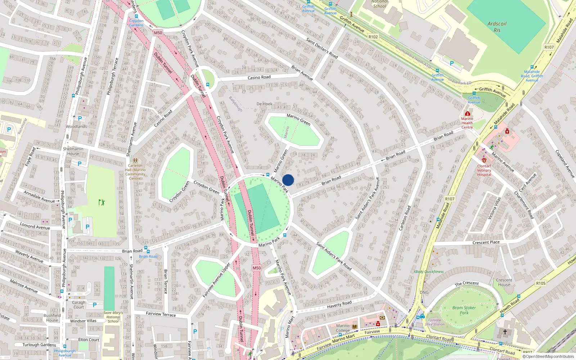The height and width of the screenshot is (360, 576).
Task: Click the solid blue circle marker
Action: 288,180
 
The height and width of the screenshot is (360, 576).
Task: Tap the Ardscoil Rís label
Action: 497,27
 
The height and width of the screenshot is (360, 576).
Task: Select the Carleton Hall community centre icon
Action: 135,160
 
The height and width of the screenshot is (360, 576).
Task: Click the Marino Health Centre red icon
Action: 467,113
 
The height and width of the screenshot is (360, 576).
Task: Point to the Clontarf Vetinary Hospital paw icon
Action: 484,160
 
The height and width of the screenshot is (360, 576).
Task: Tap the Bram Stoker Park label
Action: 464,310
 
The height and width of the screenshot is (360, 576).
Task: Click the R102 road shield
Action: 373,37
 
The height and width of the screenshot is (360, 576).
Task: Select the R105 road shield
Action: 540,283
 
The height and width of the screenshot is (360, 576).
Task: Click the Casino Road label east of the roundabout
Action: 259,77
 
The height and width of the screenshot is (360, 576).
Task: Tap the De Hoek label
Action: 264,104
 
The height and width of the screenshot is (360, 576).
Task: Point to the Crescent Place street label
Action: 486,243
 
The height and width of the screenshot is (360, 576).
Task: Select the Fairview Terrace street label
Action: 161,314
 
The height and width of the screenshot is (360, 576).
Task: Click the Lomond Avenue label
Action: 35,226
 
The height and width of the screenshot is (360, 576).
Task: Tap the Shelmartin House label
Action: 73,151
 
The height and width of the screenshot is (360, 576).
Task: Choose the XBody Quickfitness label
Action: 428,272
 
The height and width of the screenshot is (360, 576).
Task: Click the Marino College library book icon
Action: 355,327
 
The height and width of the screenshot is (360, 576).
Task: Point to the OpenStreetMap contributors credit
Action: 548,357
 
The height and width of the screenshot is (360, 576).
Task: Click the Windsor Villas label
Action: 83,321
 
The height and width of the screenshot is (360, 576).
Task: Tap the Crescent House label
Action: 504,282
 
